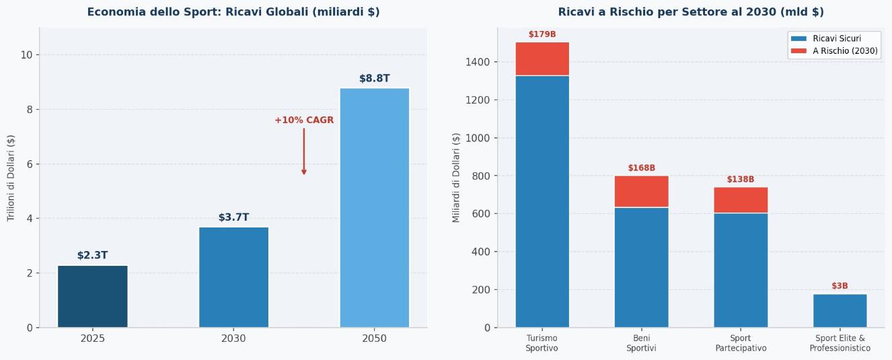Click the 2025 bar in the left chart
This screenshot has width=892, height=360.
[92, 296]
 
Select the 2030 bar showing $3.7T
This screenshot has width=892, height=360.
[233, 277]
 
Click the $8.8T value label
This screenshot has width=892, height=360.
[374, 79]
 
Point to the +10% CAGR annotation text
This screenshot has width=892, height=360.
[304, 120]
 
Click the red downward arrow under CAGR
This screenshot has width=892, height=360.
[304, 152]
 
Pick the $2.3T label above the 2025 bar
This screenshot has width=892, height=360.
[92, 256]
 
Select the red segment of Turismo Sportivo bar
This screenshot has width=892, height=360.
[542, 59]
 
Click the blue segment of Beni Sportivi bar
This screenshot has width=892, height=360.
[641, 267]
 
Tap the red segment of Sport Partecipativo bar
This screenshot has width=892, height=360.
[741, 200]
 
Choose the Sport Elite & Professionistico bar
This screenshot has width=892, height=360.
[840, 311]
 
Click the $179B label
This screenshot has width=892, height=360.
[542, 34]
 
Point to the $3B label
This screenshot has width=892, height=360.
[840, 286]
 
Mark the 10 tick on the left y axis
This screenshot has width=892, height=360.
[27, 55]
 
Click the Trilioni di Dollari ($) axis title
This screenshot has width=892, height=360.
[11, 178]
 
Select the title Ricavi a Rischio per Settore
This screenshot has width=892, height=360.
[691, 12]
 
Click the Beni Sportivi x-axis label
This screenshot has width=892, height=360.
[641, 343]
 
